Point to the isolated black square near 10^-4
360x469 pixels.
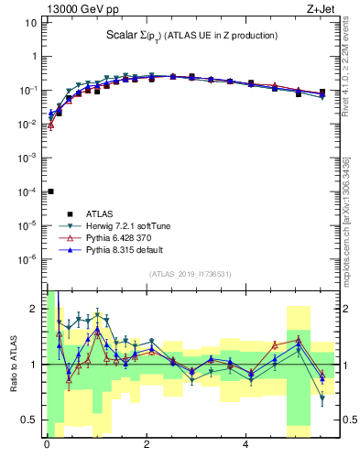point(50,191)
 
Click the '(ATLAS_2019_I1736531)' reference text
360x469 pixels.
point(190,274)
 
